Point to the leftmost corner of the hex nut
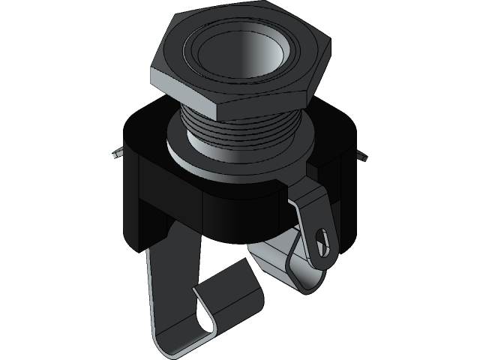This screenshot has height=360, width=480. point(152,67)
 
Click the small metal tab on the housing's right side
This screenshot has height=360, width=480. point(363,158)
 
